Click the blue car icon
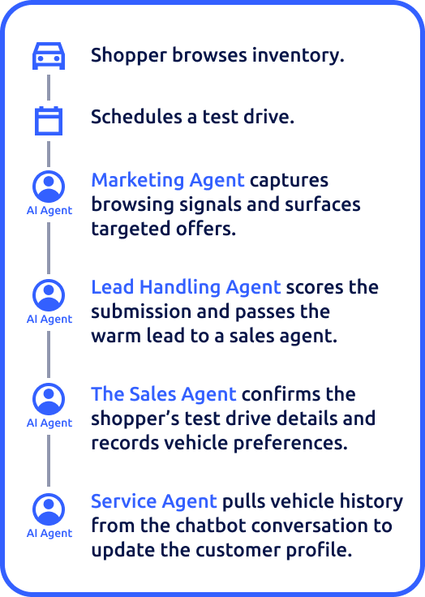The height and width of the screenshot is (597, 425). click(49, 56)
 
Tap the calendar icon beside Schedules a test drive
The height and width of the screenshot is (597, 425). click(49, 121)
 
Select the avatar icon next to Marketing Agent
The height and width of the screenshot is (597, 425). click(49, 187)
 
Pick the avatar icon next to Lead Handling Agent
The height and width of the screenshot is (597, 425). click(49, 295)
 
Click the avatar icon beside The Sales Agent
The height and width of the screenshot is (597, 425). click(49, 399)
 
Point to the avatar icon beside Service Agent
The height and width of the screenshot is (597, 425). click(49, 509)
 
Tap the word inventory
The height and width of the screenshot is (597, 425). click(298, 55)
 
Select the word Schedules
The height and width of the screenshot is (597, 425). click(136, 117)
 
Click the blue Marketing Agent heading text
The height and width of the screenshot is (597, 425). click(168, 180)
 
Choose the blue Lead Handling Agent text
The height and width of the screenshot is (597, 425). click(186, 287)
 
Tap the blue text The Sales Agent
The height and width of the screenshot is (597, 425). click(164, 394)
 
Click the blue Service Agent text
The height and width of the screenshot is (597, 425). click(154, 501)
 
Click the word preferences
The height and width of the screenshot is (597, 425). click(290, 444)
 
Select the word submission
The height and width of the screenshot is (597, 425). click(141, 311)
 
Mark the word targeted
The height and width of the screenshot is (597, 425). click(131, 230)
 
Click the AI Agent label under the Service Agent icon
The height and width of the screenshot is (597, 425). click(49, 534)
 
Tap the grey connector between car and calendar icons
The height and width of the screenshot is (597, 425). click(49, 87)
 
